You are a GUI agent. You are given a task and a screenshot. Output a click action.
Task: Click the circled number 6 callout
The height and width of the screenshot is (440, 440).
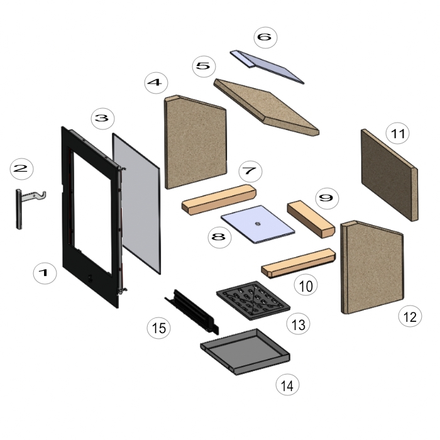pos(265,37)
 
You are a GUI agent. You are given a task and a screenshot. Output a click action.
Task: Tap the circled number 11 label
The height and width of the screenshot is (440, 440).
pos(397,133)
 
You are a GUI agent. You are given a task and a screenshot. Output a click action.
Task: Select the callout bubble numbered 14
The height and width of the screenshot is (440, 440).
pos(287,385)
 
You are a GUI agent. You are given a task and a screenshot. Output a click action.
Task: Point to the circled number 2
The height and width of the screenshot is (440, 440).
pos(21,168)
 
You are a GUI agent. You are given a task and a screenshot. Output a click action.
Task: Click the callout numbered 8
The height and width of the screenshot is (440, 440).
pos(219,237)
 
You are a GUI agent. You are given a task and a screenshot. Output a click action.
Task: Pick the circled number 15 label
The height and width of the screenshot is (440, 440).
pos(158,327)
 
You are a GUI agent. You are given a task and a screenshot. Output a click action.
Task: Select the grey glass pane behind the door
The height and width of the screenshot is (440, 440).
pos(136,204)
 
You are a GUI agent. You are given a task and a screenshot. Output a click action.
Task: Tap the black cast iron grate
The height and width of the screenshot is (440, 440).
pos(253,300)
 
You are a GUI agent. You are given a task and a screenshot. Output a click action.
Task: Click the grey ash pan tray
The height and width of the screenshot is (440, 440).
pos(245,351)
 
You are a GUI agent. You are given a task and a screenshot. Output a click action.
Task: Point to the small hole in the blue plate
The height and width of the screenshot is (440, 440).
pos(257,224)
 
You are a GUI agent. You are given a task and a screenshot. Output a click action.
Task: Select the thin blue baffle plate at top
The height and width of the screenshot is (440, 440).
pos(267,67)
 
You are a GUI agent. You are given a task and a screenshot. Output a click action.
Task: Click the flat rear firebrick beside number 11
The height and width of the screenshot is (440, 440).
pos(390,175)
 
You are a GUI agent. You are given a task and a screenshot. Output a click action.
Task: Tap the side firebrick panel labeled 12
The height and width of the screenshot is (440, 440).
pos(372,267)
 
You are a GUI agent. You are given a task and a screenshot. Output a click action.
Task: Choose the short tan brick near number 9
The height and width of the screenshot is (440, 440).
pos(311,219)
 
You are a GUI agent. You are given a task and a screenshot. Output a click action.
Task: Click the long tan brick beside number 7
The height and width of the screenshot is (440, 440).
pos(219,199)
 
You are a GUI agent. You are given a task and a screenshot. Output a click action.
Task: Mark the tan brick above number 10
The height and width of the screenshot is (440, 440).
pos(299,263)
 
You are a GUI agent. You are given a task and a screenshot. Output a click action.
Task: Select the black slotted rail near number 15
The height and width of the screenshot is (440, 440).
pos(192,312)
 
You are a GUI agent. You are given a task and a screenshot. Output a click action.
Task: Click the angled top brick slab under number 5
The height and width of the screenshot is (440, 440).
pos(267,107)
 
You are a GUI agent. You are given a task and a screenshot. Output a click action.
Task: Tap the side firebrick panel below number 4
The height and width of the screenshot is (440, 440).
pos(195,141)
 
